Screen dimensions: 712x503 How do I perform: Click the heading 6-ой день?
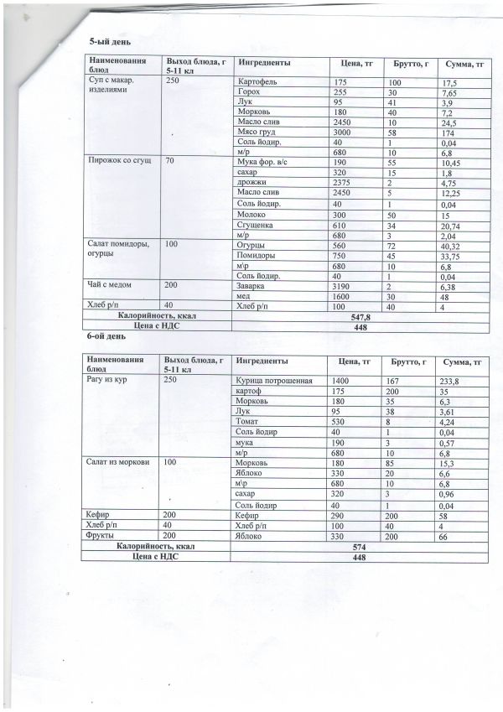pos(106,338)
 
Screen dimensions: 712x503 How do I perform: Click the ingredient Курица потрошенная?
pos(274,381)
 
